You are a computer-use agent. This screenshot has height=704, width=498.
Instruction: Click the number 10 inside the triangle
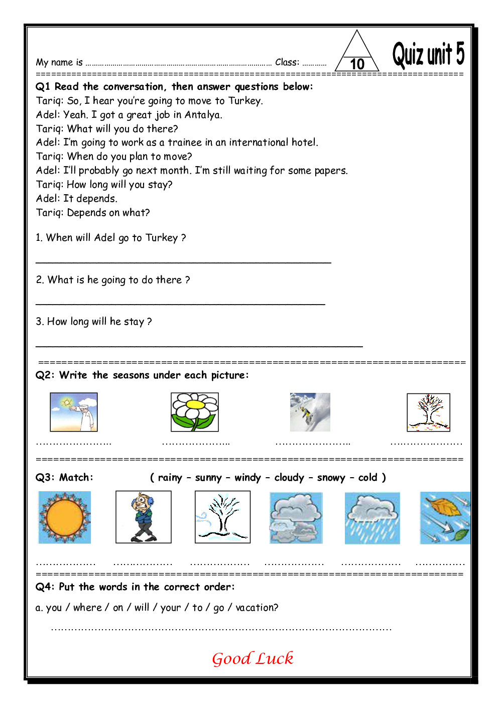(357, 64)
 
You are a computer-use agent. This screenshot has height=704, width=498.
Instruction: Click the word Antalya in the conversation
(203, 115)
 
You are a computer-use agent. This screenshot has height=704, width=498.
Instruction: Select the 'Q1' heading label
(43, 87)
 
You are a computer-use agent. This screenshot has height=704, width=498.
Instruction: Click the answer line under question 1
(183, 261)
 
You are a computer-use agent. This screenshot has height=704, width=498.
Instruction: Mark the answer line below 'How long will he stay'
(199, 345)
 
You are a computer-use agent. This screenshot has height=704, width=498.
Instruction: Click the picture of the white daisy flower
(195, 412)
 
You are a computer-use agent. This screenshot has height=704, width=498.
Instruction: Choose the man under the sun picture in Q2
(74, 412)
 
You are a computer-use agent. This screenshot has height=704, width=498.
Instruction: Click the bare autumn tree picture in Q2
(428, 412)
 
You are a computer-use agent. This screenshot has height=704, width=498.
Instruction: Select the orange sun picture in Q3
(65, 517)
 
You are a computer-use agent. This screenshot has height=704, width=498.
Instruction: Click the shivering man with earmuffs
(144, 517)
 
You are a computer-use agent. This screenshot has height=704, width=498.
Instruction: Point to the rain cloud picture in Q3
(372, 518)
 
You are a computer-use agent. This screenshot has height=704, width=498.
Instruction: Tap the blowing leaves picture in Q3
(445, 518)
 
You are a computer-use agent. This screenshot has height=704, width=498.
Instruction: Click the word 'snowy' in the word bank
(331, 478)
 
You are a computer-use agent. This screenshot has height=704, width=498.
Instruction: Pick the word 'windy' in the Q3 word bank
(247, 478)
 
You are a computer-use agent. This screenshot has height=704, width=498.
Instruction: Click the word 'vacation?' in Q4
(257, 608)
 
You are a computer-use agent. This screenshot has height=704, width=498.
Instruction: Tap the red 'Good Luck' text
(253, 658)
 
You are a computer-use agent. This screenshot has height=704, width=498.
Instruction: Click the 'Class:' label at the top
(287, 63)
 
